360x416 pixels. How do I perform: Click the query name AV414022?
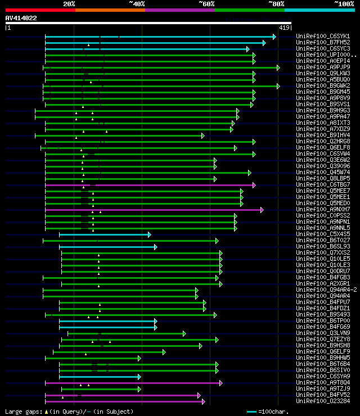coord(21,18)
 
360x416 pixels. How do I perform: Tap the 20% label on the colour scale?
coord(69,3)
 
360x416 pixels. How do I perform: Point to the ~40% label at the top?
coord(137,3)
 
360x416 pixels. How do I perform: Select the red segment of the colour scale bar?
coord(40,10)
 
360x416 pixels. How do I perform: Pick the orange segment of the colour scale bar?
coord(110,10)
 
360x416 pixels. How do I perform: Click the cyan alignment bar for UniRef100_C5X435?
coord(104,234)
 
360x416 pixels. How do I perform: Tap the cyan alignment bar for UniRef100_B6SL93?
coord(107,247)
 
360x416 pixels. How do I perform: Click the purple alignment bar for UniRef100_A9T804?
coord(133,383)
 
